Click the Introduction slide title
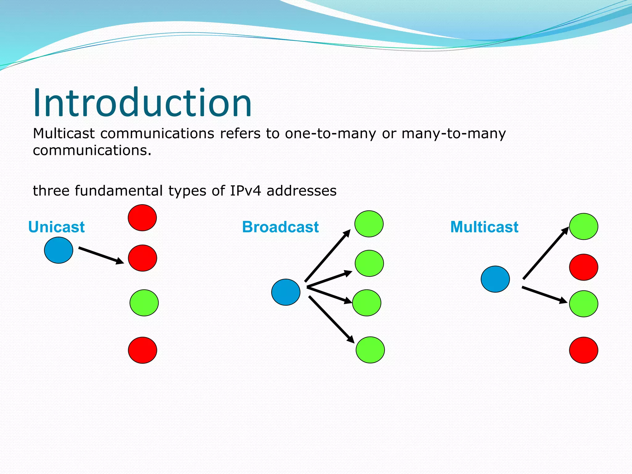(x=143, y=103)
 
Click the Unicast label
(x=56, y=227)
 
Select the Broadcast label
(x=280, y=227)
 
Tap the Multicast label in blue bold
(x=484, y=227)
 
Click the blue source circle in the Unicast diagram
(x=59, y=250)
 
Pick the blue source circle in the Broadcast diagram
(x=286, y=292)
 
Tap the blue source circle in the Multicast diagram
(x=495, y=279)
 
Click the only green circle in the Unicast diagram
(x=144, y=303)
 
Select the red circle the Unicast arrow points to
(x=143, y=258)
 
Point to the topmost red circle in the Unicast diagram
(x=142, y=218)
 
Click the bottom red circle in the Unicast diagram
(x=143, y=350)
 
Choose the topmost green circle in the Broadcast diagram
(x=369, y=224)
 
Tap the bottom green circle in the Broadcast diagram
(x=370, y=350)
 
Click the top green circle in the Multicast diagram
(x=584, y=227)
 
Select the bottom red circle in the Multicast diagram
(x=584, y=350)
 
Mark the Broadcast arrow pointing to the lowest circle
(x=331, y=319)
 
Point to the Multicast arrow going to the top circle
(x=546, y=253)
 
